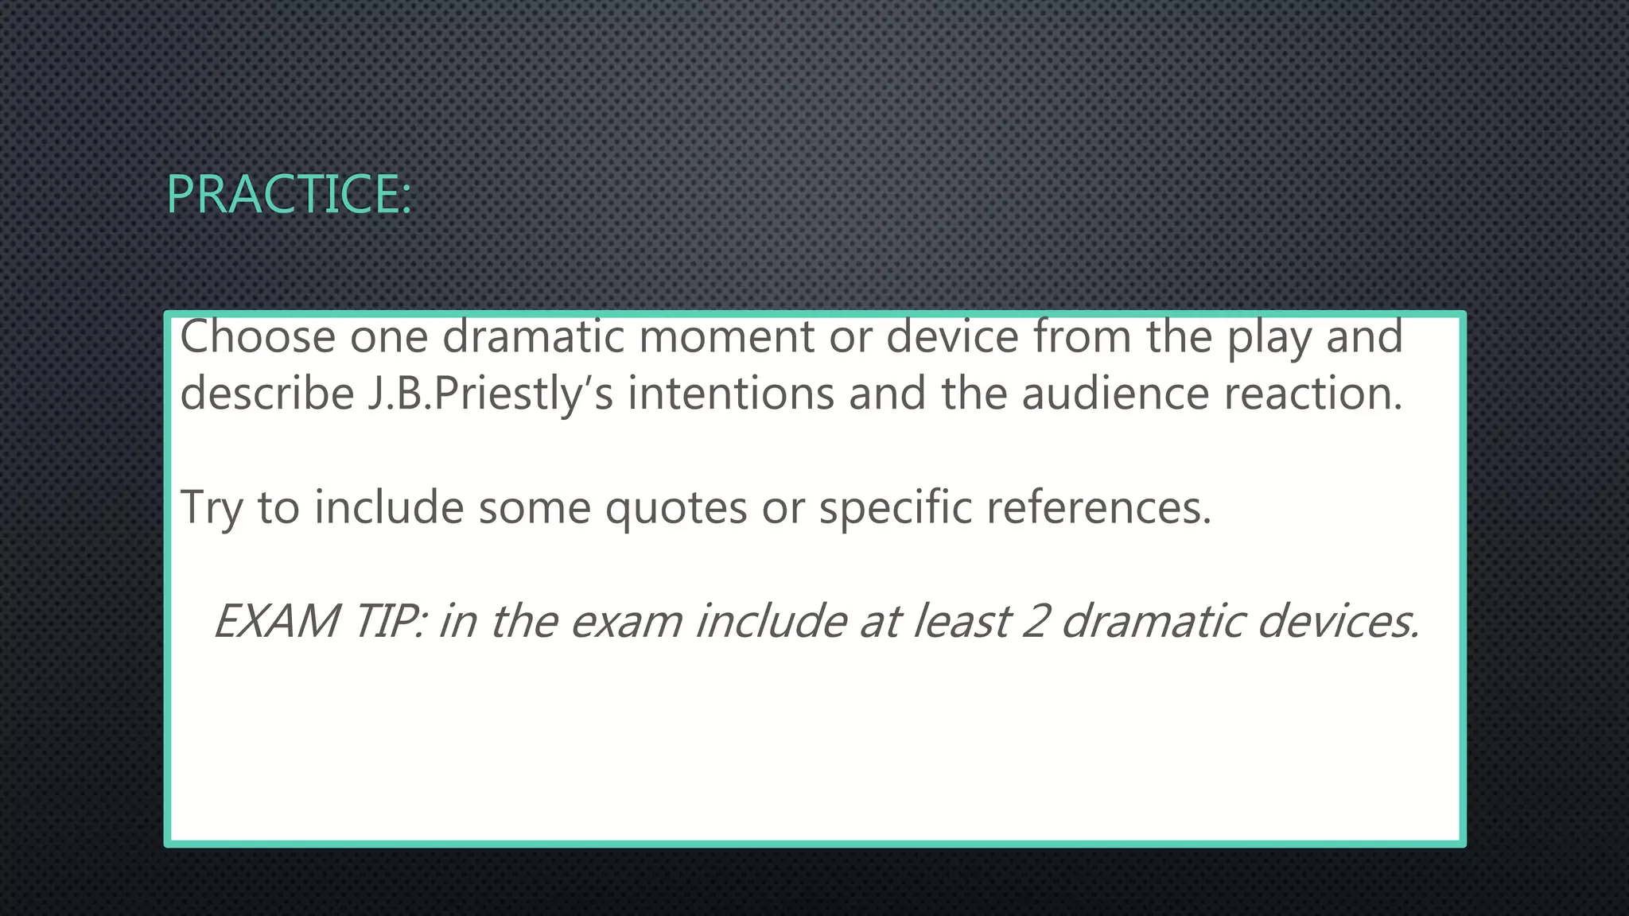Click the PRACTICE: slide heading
(290, 194)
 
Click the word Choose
(258, 336)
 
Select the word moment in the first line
(726, 336)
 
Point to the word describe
(266, 394)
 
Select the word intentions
(730, 394)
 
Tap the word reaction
(1312, 394)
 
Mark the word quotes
(675, 507)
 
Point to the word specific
(896, 507)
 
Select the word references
(1099, 507)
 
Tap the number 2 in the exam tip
(1036, 621)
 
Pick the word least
(962, 621)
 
